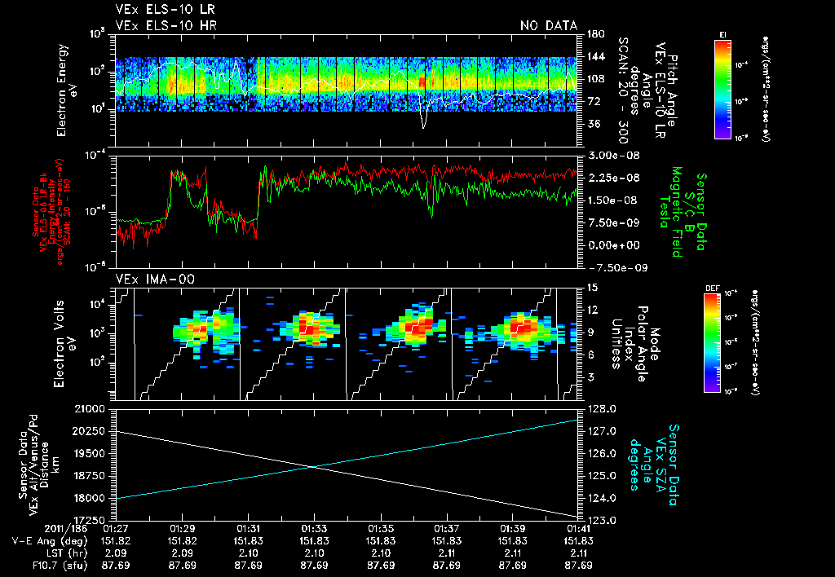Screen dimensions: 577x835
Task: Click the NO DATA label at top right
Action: click(x=548, y=26)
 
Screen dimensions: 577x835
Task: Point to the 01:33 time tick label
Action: click(x=314, y=528)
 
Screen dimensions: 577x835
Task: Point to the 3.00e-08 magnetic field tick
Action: click(x=608, y=155)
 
